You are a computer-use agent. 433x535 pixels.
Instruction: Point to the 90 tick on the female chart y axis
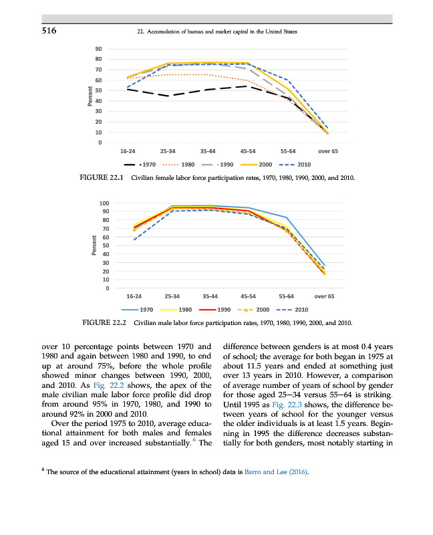coord(98,49)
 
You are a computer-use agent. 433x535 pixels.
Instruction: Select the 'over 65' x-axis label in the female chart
coord(327,152)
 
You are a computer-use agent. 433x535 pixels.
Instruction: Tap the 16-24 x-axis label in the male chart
coord(134,296)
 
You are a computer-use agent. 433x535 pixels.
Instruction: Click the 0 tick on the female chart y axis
coord(100,142)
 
